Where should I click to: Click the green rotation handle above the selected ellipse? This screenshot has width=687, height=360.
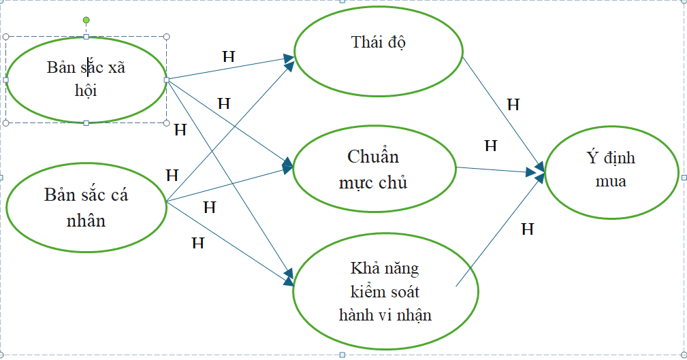86,20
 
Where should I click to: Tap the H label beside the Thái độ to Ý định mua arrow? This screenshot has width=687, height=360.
513,105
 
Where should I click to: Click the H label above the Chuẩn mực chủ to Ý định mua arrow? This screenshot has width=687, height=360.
490,145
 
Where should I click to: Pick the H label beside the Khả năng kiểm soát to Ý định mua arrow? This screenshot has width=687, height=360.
527,229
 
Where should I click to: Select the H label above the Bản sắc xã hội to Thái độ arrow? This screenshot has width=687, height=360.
229,56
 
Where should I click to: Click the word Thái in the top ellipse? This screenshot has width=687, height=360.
366,42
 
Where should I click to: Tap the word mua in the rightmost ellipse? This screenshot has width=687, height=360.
611,182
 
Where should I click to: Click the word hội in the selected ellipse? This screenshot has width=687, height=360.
86,90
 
